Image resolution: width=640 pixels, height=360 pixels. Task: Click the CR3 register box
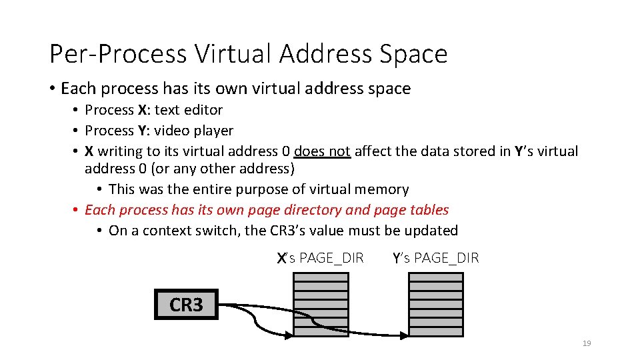[x=186, y=305]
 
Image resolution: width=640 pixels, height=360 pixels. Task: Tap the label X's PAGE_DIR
[x=321, y=257]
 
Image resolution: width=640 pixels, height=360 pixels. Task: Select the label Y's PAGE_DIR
[x=436, y=257]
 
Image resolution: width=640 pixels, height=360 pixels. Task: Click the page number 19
[x=587, y=343]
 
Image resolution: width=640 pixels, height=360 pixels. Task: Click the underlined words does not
[x=322, y=151]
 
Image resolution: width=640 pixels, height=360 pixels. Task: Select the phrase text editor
[x=189, y=110]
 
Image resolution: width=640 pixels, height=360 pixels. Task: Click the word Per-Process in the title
[x=118, y=54]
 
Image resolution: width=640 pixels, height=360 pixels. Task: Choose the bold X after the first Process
[x=143, y=110]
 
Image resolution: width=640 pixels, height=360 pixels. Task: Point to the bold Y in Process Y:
[x=143, y=131]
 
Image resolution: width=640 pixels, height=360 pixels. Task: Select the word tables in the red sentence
[x=429, y=210]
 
